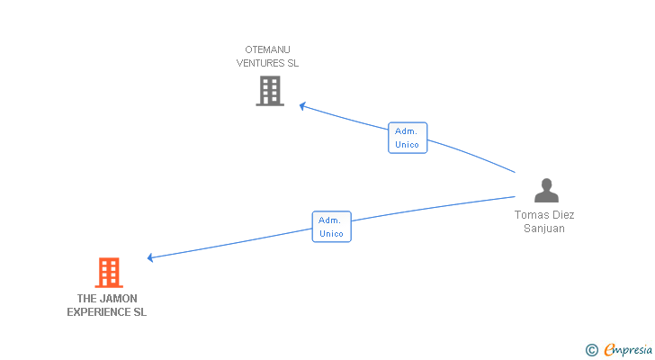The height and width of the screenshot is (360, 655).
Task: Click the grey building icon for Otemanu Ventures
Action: click(269, 90)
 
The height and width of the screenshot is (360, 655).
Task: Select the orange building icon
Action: click(108, 272)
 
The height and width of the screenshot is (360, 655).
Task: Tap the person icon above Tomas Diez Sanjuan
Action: click(546, 190)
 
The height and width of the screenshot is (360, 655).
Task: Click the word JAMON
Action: click(119, 298)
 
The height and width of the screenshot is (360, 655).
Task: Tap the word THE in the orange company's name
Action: click(87, 298)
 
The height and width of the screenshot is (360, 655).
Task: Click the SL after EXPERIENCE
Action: click(139, 312)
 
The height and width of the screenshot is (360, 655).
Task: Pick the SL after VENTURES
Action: click(292, 63)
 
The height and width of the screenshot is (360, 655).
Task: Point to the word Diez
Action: click(562, 215)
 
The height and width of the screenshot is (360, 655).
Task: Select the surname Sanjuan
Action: click(544, 229)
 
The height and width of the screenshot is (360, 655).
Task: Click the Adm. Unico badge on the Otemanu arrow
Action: click(408, 138)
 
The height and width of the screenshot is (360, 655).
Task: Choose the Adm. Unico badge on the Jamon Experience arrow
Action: click(331, 227)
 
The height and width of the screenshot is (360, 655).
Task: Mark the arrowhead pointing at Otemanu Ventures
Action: click(303, 105)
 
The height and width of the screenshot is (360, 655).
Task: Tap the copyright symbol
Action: click(591, 349)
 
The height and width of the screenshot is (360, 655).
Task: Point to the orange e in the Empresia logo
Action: click(609, 350)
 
